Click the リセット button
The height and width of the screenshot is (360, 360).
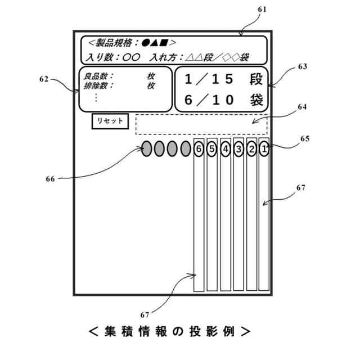pos(110,121)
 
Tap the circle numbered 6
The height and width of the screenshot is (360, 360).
pos(198,149)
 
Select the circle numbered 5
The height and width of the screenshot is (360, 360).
pos(211,149)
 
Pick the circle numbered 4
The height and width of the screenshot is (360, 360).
pos(225,149)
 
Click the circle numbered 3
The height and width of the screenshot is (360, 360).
pos(238,149)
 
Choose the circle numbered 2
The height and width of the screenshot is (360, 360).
pos(251,149)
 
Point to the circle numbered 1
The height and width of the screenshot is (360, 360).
pos(264,149)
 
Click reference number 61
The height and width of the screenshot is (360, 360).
pos(262,10)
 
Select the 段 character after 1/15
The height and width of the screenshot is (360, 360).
pos(255,79)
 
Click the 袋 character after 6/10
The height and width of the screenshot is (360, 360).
pos(256,100)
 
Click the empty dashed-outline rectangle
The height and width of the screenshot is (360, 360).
pos(201,124)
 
